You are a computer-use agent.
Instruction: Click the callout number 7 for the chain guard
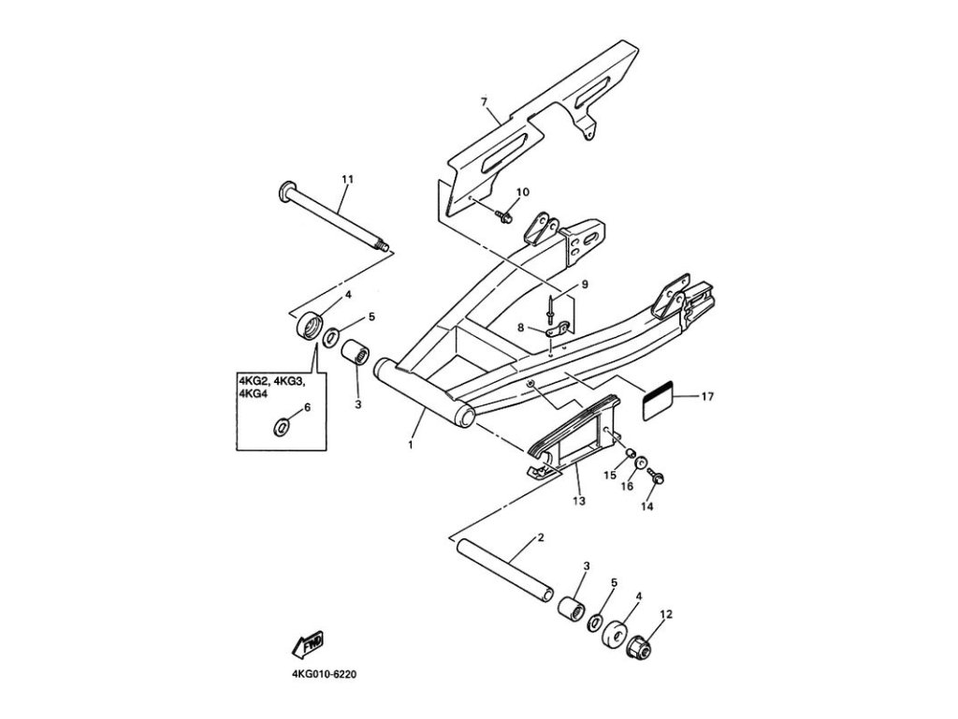[484, 100]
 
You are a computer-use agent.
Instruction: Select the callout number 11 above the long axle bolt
[347, 178]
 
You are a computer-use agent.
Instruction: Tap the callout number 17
[707, 397]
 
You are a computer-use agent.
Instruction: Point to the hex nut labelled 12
[642, 645]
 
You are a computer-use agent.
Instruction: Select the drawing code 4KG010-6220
[318, 672]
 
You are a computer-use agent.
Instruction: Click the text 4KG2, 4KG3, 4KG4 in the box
[271, 387]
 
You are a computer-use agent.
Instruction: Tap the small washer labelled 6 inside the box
[281, 428]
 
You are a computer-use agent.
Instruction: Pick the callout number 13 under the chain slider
[578, 502]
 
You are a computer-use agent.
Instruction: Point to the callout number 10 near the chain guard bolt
[522, 192]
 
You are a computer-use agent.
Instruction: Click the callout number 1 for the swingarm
[410, 446]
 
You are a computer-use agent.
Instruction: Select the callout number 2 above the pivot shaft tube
[541, 538]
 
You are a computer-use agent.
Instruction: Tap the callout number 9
[584, 284]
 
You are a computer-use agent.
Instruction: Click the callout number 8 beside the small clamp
[521, 328]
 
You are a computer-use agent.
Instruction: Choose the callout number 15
[609, 476]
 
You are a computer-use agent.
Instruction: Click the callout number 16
[629, 486]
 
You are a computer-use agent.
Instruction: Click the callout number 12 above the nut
[667, 615]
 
